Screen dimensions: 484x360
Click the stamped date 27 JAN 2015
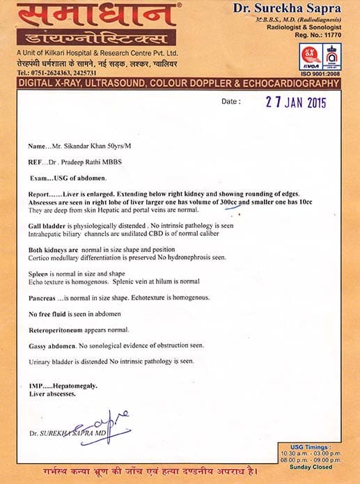point(297,102)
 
